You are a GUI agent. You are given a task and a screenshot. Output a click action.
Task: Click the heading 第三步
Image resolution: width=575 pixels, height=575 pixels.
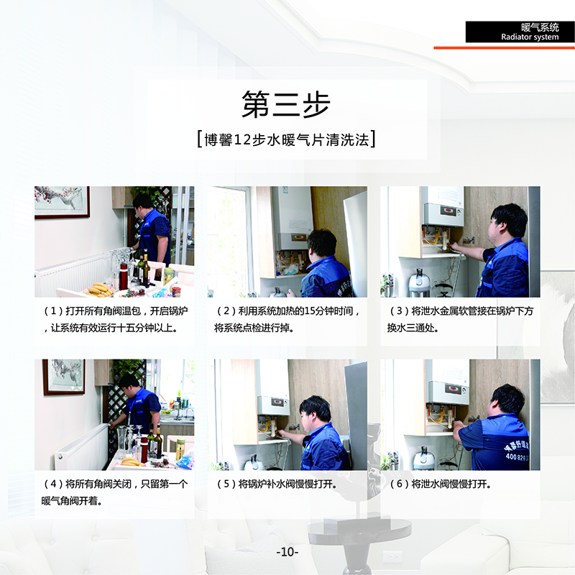pyautogui.click(x=286, y=104)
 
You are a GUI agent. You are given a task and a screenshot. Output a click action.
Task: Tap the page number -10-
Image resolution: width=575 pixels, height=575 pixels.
pyautogui.click(x=287, y=551)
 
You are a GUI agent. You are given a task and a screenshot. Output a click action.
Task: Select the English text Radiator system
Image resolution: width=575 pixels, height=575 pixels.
pyautogui.click(x=530, y=37)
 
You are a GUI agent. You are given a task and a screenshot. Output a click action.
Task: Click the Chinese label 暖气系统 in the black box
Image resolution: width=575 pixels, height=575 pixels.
pyautogui.click(x=540, y=27)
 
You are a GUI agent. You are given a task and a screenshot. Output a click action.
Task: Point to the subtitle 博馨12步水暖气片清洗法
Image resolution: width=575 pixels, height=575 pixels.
pyautogui.click(x=286, y=139)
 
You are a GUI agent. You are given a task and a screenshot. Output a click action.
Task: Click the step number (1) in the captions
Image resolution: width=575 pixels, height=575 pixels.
pyautogui.click(x=53, y=311)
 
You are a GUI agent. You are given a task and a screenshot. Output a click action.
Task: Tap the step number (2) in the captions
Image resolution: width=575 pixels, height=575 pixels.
pyautogui.click(x=226, y=311)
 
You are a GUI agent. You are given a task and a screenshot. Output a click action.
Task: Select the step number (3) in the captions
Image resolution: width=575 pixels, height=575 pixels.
pyautogui.click(x=400, y=311)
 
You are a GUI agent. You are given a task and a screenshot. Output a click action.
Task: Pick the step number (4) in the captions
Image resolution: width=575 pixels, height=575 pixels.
pyautogui.click(x=53, y=484)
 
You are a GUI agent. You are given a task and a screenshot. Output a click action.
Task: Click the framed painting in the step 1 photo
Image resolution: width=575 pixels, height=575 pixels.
pyautogui.click(x=62, y=203)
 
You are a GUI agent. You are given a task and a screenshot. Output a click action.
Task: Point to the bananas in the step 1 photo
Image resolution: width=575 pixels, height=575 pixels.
pyautogui.click(x=98, y=290)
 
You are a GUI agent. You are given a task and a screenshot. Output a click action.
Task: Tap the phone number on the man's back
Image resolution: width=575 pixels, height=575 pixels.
pyautogui.click(x=517, y=457)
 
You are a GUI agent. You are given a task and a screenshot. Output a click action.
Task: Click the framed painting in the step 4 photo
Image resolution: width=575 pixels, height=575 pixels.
pyautogui.click(x=64, y=377)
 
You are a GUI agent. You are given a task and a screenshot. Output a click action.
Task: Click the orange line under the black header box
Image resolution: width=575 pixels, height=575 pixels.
pyautogui.click(x=505, y=47)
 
